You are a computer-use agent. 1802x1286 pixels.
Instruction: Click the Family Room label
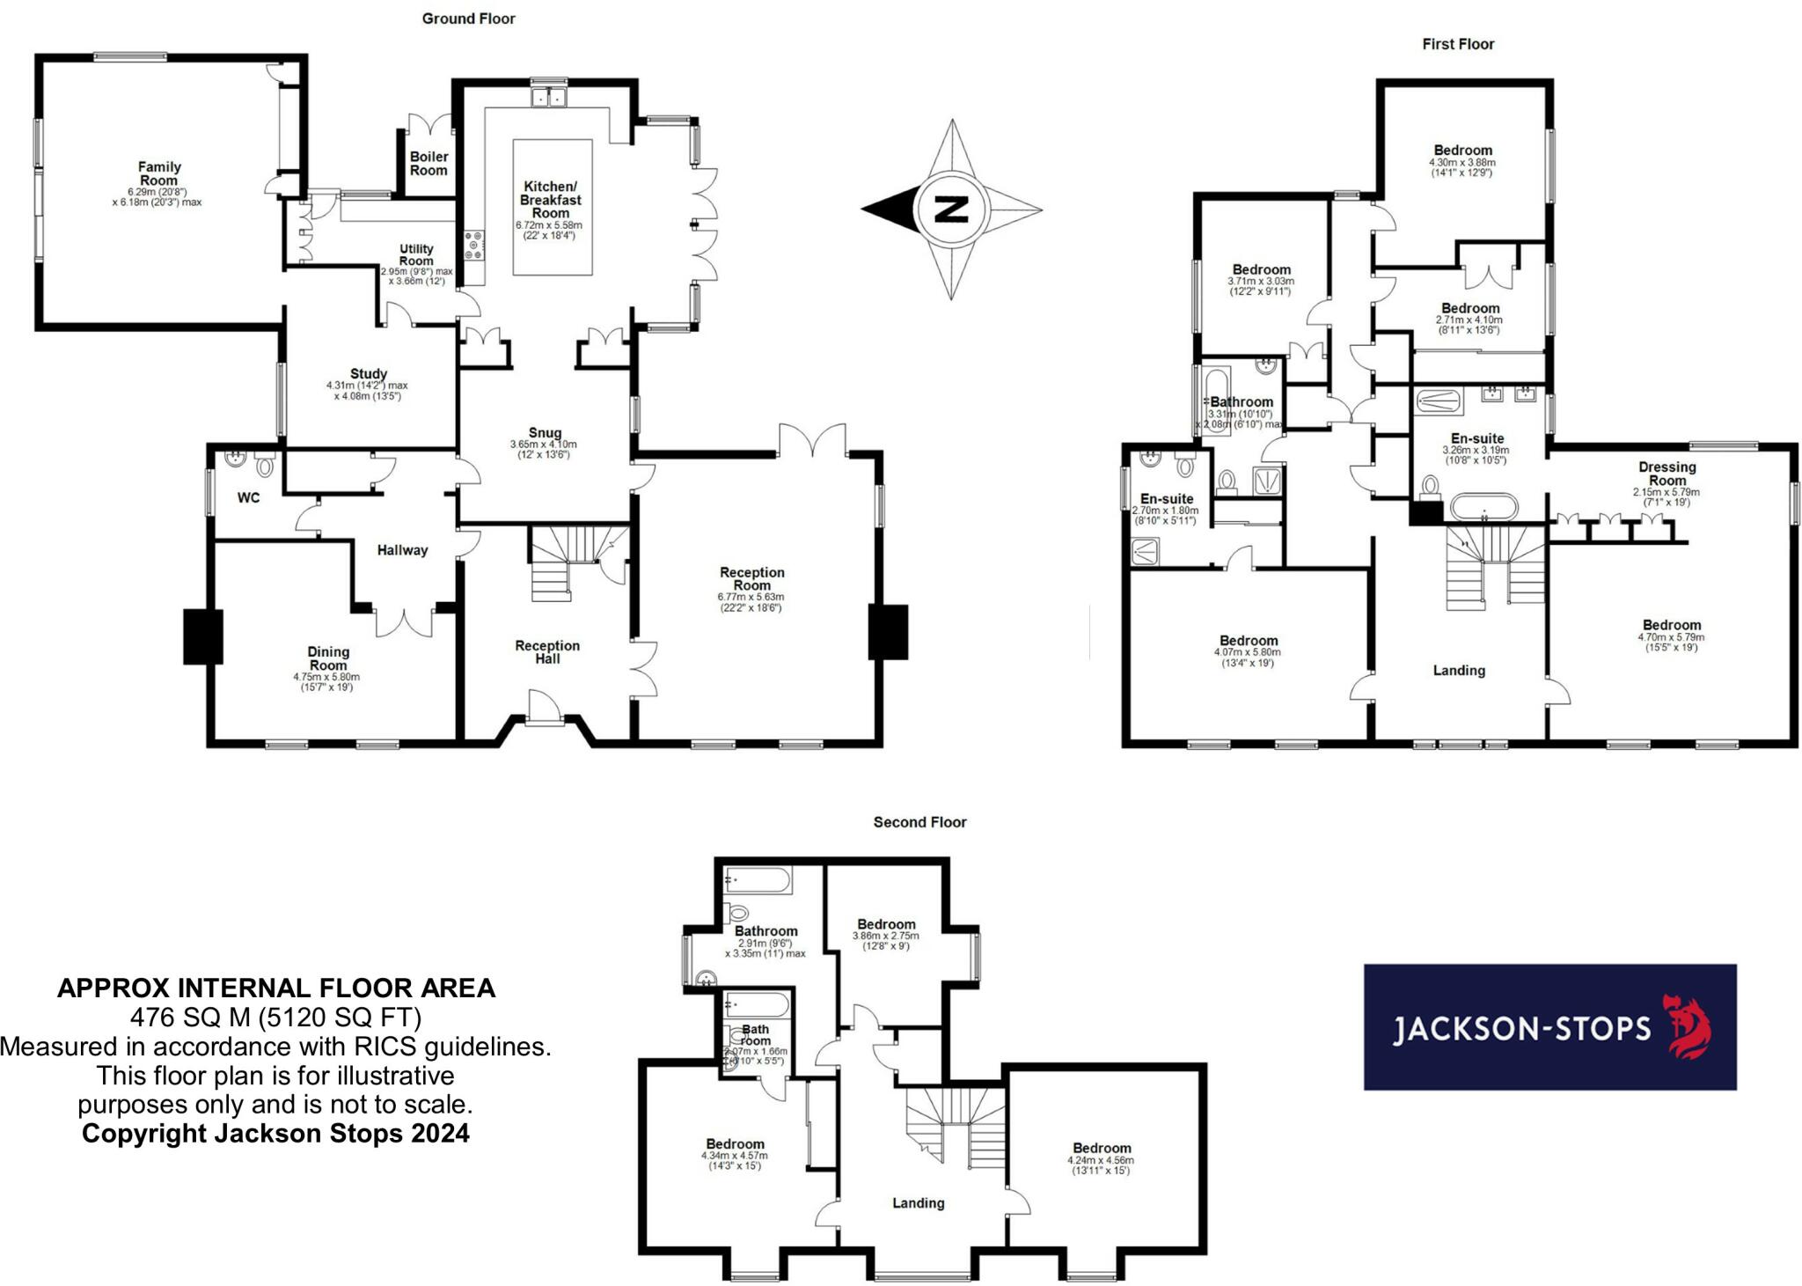(x=159, y=173)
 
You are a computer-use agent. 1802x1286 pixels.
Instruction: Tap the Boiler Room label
(x=429, y=164)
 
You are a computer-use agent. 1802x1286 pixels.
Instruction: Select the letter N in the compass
(x=951, y=209)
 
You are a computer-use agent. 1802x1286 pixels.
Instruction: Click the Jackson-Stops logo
(x=1549, y=1027)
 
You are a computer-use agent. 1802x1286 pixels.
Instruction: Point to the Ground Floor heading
(x=468, y=18)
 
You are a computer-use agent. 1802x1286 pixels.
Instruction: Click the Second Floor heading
(x=919, y=822)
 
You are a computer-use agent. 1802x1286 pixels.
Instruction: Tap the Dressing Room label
(x=1666, y=474)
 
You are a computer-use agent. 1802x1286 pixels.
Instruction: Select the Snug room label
(x=545, y=432)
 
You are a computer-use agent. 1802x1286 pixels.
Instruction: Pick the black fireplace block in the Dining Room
(x=202, y=636)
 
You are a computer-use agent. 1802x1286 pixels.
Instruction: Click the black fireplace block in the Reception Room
(x=888, y=631)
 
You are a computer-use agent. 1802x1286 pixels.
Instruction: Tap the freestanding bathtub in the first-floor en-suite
(x=1483, y=508)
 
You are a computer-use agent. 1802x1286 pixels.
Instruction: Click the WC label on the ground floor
(x=249, y=498)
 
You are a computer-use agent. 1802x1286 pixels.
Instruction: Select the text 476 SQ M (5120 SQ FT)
(x=275, y=1018)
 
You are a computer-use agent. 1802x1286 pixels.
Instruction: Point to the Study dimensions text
(x=367, y=391)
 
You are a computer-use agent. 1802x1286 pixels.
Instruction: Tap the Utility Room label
(x=416, y=255)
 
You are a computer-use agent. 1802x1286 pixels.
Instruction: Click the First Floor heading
(x=1458, y=44)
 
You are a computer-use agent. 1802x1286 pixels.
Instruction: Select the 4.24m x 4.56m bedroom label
(x=1102, y=1148)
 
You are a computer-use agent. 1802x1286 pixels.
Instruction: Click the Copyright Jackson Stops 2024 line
(x=275, y=1133)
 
